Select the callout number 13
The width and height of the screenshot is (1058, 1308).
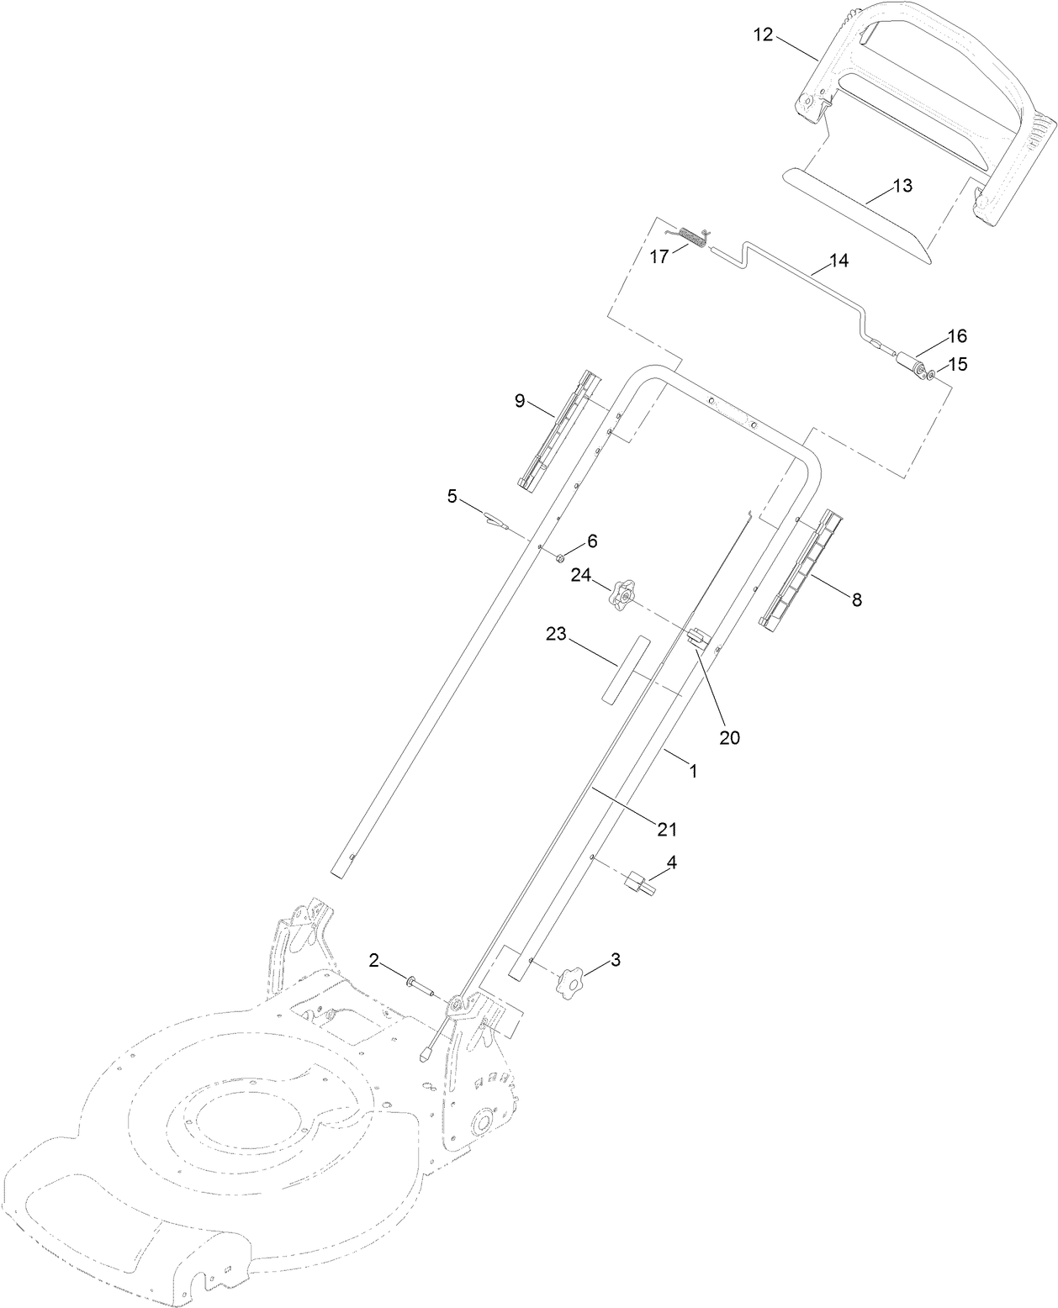pos(901,186)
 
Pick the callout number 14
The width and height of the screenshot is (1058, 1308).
pos(838,261)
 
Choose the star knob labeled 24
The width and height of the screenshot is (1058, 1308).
pos(622,596)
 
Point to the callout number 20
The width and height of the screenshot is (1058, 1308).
pos(728,737)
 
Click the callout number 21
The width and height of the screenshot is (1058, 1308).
pos(666,828)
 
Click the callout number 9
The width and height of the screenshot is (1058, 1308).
pos(520,401)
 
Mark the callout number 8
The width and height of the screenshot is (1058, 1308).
pos(856,599)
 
